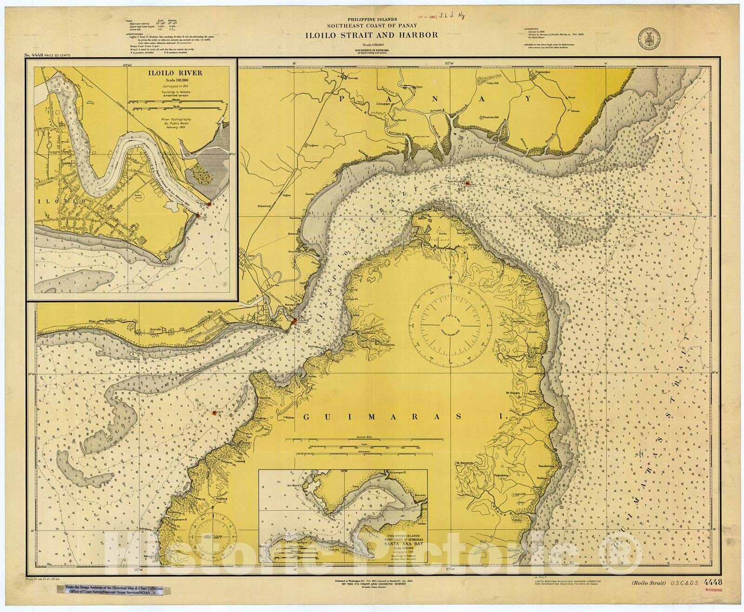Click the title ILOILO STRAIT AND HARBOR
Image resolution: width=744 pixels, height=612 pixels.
point(371,35)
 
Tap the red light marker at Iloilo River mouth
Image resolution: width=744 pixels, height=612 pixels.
point(294,321)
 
